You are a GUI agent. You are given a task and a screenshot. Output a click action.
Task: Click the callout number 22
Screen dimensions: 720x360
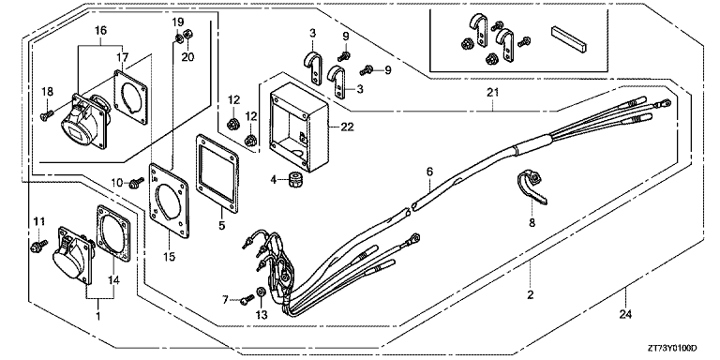347,127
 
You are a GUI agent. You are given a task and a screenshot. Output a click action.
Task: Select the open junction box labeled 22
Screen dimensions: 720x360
299,127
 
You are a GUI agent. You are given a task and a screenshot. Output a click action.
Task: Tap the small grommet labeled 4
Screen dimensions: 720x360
292,180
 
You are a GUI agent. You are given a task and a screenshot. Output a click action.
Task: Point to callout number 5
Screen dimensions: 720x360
222,225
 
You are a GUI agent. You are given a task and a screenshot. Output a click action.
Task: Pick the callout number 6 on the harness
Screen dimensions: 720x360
429,172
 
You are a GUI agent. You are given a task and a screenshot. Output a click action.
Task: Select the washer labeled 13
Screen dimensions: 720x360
261,292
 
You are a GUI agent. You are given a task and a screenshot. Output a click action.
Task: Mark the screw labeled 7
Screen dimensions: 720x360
247,299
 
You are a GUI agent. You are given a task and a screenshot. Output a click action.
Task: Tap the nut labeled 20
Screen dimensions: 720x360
187,35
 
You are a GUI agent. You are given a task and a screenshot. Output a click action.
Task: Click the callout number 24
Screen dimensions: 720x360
625,314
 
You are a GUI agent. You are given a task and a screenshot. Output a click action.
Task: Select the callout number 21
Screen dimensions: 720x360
493,92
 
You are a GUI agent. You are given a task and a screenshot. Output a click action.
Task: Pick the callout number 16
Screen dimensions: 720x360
100,30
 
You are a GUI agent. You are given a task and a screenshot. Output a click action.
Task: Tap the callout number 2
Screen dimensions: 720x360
531,294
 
